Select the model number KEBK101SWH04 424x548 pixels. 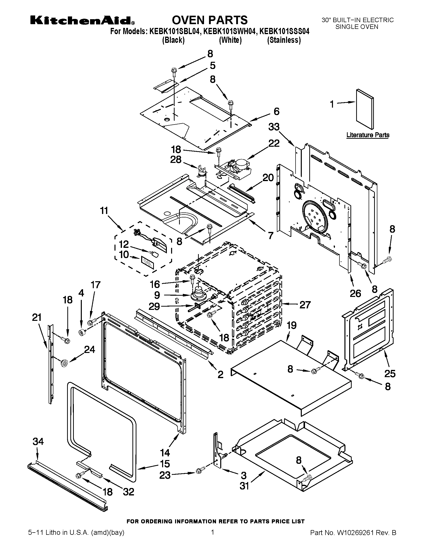point(230,32)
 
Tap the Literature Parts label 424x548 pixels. point(368,135)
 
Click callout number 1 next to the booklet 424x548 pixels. point(332,104)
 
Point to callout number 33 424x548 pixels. point(274,127)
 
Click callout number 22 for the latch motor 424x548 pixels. point(274,143)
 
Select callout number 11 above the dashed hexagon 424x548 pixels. point(104,210)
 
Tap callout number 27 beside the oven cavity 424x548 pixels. point(305,305)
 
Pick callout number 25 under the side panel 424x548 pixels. point(390,374)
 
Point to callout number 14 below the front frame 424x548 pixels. point(165,453)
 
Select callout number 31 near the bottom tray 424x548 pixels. point(244,486)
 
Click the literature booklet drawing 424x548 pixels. point(365,109)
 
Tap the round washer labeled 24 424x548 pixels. point(65,363)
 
